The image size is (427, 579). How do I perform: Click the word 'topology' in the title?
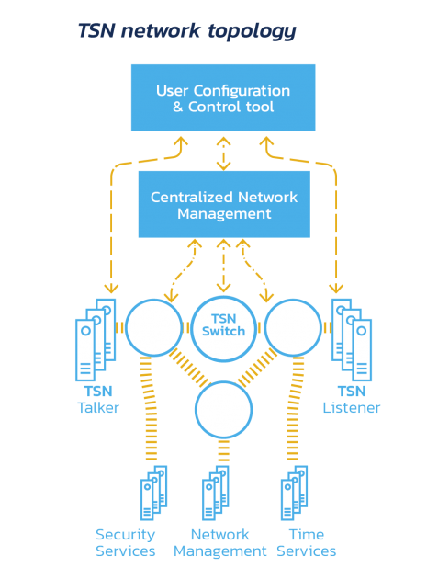pyautogui.click(x=252, y=32)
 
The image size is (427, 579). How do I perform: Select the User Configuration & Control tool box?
pyautogui.click(x=223, y=97)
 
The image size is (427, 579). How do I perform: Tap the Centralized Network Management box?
pyautogui.click(x=224, y=204)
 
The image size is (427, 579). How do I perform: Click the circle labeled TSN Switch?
pyautogui.click(x=224, y=328)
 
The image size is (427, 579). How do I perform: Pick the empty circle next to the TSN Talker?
pyautogui.click(x=154, y=328)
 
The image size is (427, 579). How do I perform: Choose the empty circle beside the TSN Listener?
pyautogui.click(x=293, y=328)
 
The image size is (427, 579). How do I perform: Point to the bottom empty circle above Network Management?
pyautogui.click(x=224, y=410)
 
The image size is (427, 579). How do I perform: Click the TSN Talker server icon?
pyautogui.click(x=96, y=340)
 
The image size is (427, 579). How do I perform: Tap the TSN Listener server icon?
pyautogui.click(x=352, y=340)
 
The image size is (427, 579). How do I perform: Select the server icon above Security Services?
pyautogui.click(x=154, y=493)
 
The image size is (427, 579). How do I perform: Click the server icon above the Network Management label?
pyautogui.click(x=216, y=493)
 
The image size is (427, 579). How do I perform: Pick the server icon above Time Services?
pyautogui.click(x=294, y=493)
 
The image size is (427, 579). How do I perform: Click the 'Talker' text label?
pyautogui.click(x=98, y=408)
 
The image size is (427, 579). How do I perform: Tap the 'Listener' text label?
pyautogui.click(x=352, y=408)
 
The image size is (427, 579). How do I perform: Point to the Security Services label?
pyautogui.click(x=126, y=543)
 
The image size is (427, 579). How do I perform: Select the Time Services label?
pyautogui.click(x=307, y=543)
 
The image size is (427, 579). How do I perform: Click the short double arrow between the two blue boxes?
pyautogui.click(x=224, y=153)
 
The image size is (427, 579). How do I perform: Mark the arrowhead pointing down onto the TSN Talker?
pyautogui.click(x=111, y=289)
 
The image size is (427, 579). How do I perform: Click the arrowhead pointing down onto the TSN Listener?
pyautogui.click(x=336, y=289)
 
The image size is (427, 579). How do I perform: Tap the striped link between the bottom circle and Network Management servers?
pyautogui.click(x=224, y=450)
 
